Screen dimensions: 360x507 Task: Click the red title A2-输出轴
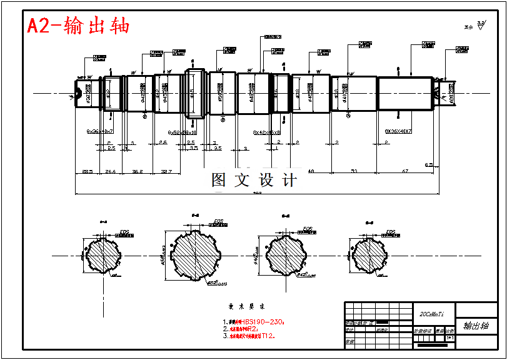78,26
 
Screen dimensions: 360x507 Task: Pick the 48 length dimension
311,171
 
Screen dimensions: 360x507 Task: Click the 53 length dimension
354,171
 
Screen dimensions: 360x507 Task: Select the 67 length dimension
405,171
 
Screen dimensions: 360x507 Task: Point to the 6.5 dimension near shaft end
429,164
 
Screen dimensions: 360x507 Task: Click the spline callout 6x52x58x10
183,132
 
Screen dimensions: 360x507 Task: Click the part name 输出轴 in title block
476,326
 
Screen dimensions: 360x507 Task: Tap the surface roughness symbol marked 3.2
481,25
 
